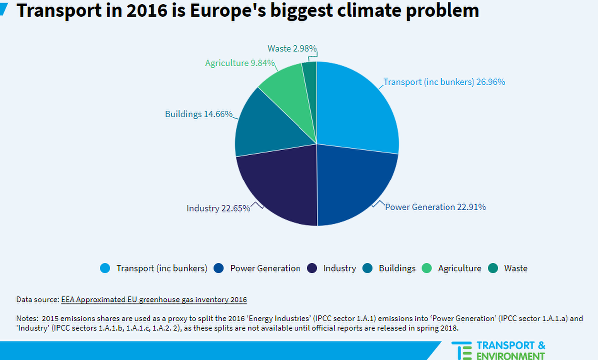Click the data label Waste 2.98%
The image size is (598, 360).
tap(292, 48)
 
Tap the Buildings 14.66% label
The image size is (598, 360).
tap(199, 114)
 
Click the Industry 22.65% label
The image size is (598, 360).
tap(218, 208)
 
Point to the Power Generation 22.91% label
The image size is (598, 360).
tap(435, 207)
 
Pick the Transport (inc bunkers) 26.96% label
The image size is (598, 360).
tap(444, 82)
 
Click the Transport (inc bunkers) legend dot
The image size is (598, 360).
tap(105, 268)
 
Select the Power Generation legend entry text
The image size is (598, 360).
tap(265, 268)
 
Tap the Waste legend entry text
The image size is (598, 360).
tap(516, 268)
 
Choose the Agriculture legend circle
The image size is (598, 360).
tap(427, 268)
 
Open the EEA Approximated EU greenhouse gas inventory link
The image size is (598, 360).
tap(154, 300)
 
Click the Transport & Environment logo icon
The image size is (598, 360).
tap(461, 351)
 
